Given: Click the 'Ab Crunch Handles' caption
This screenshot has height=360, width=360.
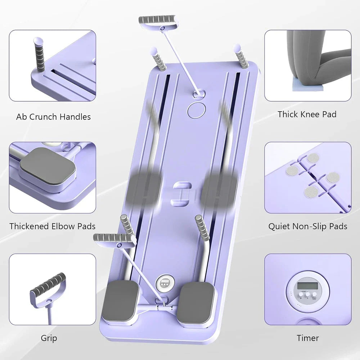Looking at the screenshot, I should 53,117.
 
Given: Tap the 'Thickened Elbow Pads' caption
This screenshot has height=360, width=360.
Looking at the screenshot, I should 53,226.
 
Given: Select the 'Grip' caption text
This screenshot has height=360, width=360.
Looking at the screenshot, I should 49,338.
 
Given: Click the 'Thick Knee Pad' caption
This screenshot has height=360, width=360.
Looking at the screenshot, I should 307,114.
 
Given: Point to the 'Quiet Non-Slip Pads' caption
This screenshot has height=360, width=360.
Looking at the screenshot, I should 308,226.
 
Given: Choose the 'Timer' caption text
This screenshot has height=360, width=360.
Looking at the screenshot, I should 308,338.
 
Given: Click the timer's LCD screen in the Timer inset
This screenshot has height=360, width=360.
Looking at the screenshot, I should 307,286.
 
